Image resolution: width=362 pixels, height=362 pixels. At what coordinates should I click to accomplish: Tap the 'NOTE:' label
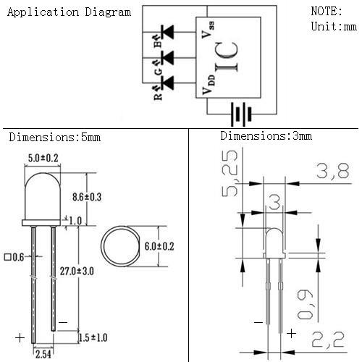pos(327,12)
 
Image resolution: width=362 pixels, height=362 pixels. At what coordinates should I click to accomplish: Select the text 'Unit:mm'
pos(334,26)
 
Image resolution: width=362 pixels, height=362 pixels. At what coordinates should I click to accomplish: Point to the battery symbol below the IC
pos(240,114)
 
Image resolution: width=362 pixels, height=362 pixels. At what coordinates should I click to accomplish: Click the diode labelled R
pos(168,84)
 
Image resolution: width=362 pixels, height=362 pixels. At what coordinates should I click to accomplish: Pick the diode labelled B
pos(168,33)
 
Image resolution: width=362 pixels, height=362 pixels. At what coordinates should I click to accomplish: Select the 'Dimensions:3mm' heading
pos(266,135)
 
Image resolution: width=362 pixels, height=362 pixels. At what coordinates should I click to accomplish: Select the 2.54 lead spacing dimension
pos(43,353)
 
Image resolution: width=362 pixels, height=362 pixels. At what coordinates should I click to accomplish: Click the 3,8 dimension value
pos(331,171)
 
